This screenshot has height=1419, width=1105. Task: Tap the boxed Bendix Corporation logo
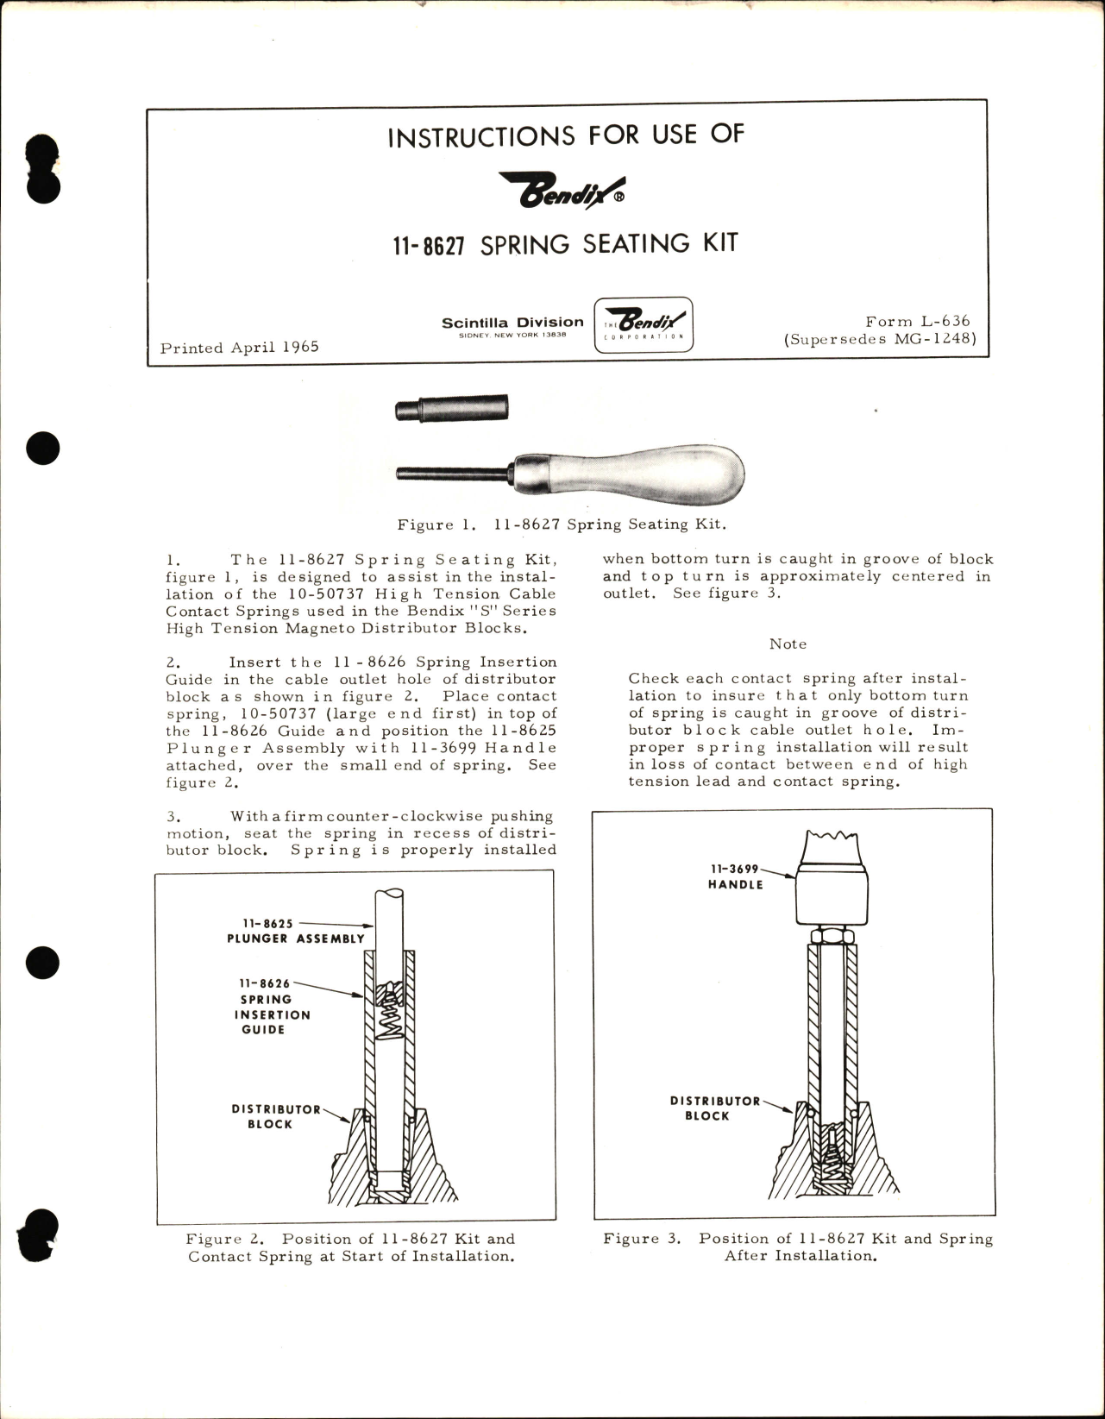tap(644, 325)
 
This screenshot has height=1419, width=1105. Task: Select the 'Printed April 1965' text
tap(239, 347)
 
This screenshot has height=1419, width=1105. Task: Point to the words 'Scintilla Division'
tap(512, 323)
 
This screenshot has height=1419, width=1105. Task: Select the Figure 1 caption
tap(562, 524)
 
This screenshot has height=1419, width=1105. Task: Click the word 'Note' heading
tap(788, 644)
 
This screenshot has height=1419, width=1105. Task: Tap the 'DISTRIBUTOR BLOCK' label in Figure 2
tap(274, 1116)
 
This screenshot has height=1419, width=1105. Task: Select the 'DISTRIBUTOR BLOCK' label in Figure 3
tap(713, 1108)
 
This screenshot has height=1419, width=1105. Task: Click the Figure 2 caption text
tap(351, 1247)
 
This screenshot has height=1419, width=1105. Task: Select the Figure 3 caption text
tap(798, 1246)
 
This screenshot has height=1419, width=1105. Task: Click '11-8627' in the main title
tap(429, 246)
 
